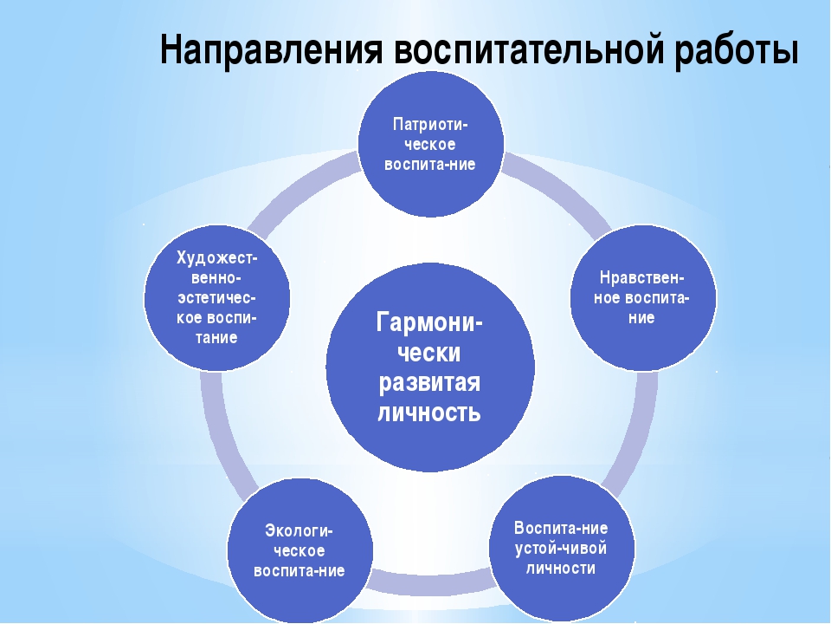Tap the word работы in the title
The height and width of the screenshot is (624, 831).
[x=736, y=49]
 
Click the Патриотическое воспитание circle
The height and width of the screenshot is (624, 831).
[x=430, y=145]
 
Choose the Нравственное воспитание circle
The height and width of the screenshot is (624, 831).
[x=643, y=297]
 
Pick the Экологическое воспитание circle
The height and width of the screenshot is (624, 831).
[x=300, y=551]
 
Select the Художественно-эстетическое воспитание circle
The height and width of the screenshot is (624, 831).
[x=216, y=297]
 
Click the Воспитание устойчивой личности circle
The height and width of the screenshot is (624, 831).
[x=562, y=548]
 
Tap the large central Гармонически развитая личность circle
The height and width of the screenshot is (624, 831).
[x=430, y=367]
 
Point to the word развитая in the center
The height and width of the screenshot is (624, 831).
[x=429, y=382]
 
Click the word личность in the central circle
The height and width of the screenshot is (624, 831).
[x=429, y=413]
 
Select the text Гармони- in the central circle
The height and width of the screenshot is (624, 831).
[x=429, y=322]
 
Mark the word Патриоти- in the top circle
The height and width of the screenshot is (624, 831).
[x=430, y=125]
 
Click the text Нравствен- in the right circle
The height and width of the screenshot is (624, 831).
[x=642, y=277]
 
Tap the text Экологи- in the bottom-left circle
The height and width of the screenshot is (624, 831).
[x=299, y=530]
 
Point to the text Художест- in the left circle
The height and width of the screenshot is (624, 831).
[x=216, y=258]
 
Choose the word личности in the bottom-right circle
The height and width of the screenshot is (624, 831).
[x=561, y=569]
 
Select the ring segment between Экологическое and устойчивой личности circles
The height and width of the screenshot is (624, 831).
[x=430, y=580]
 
